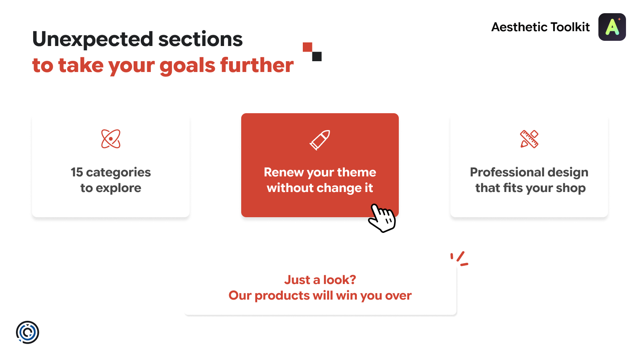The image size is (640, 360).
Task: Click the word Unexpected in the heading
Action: coord(92,40)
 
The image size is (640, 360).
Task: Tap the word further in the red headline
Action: coord(257,65)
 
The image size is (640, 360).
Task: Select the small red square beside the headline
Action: coord(308,47)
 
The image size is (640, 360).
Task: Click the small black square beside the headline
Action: coord(317,56)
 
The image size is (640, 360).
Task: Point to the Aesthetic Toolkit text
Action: coord(540,27)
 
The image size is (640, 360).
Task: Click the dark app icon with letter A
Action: coord(612,27)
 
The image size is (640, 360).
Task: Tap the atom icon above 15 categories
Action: coord(111,139)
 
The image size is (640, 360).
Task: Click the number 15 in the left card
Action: coord(77,172)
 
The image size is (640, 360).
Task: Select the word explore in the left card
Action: coord(118,188)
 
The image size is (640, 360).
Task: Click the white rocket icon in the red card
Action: coord(320,140)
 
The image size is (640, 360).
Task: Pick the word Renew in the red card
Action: coord(280,172)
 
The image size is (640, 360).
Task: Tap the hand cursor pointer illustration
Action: coord(382,218)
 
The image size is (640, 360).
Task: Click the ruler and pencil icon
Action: coord(529,139)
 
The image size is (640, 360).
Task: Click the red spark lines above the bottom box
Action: coord(460,259)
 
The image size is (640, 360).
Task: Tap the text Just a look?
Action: coord(320,280)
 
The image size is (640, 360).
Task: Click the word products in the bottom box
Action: coord(282,296)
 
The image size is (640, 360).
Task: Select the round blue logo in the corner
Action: coord(28,332)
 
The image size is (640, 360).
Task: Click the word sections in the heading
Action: coord(200,40)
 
